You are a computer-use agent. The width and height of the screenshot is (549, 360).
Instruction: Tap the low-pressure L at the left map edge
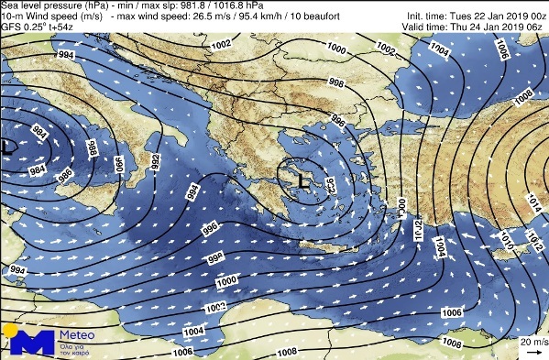[8, 146]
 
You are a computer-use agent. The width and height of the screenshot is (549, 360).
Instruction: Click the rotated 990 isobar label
[118, 164]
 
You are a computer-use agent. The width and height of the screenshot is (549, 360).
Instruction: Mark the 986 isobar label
[64, 172]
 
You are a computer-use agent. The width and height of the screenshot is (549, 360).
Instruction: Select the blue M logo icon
[28, 342]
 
